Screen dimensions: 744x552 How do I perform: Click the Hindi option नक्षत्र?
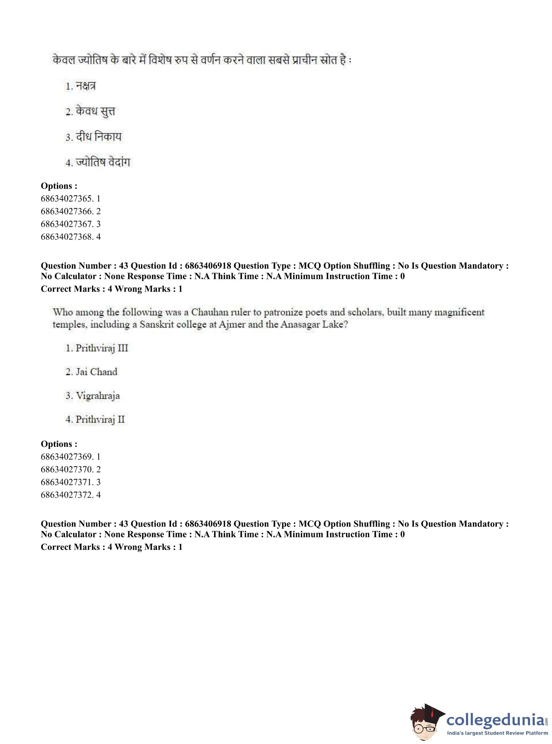[x=86, y=86]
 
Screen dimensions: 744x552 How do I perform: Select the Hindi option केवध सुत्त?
[x=95, y=111]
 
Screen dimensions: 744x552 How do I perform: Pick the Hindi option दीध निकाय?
[x=99, y=137]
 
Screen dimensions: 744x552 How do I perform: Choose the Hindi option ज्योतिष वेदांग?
[x=103, y=162]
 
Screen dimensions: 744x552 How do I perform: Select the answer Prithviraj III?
[x=102, y=348]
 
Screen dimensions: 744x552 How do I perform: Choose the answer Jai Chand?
[x=96, y=372]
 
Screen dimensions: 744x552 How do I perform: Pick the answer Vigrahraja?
[x=98, y=396]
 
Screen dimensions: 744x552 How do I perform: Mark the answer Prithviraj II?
[x=100, y=419]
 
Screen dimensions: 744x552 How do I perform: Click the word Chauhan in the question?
[x=208, y=312]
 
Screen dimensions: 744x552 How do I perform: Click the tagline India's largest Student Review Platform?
[x=497, y=733]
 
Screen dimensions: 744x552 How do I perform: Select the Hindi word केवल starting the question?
[x=63, y=61]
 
